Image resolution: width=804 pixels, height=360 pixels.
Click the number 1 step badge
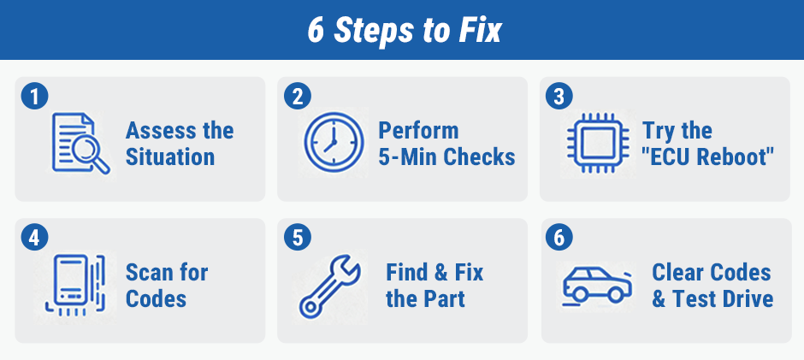(x=34, y=97)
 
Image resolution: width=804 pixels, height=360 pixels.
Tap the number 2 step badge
(x=298, y=97)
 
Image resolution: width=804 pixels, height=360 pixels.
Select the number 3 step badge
(x=559, y=97)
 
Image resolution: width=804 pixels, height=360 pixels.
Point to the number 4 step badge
(x=34, y=238)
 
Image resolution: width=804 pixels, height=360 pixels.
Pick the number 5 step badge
(x=298, y=238)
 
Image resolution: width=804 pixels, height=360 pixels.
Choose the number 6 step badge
(x=559, y=238)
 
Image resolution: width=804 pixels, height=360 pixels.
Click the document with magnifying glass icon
(x=80, y=144)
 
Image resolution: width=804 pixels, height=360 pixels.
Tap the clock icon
(x=334, y=142)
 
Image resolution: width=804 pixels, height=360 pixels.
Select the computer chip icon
(x=597, y=143)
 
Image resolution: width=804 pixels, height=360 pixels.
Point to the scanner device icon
(x=75, y=285)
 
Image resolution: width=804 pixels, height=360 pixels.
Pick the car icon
(x=597, y=285)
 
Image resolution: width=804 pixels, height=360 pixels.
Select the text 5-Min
(x=408, y=157)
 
